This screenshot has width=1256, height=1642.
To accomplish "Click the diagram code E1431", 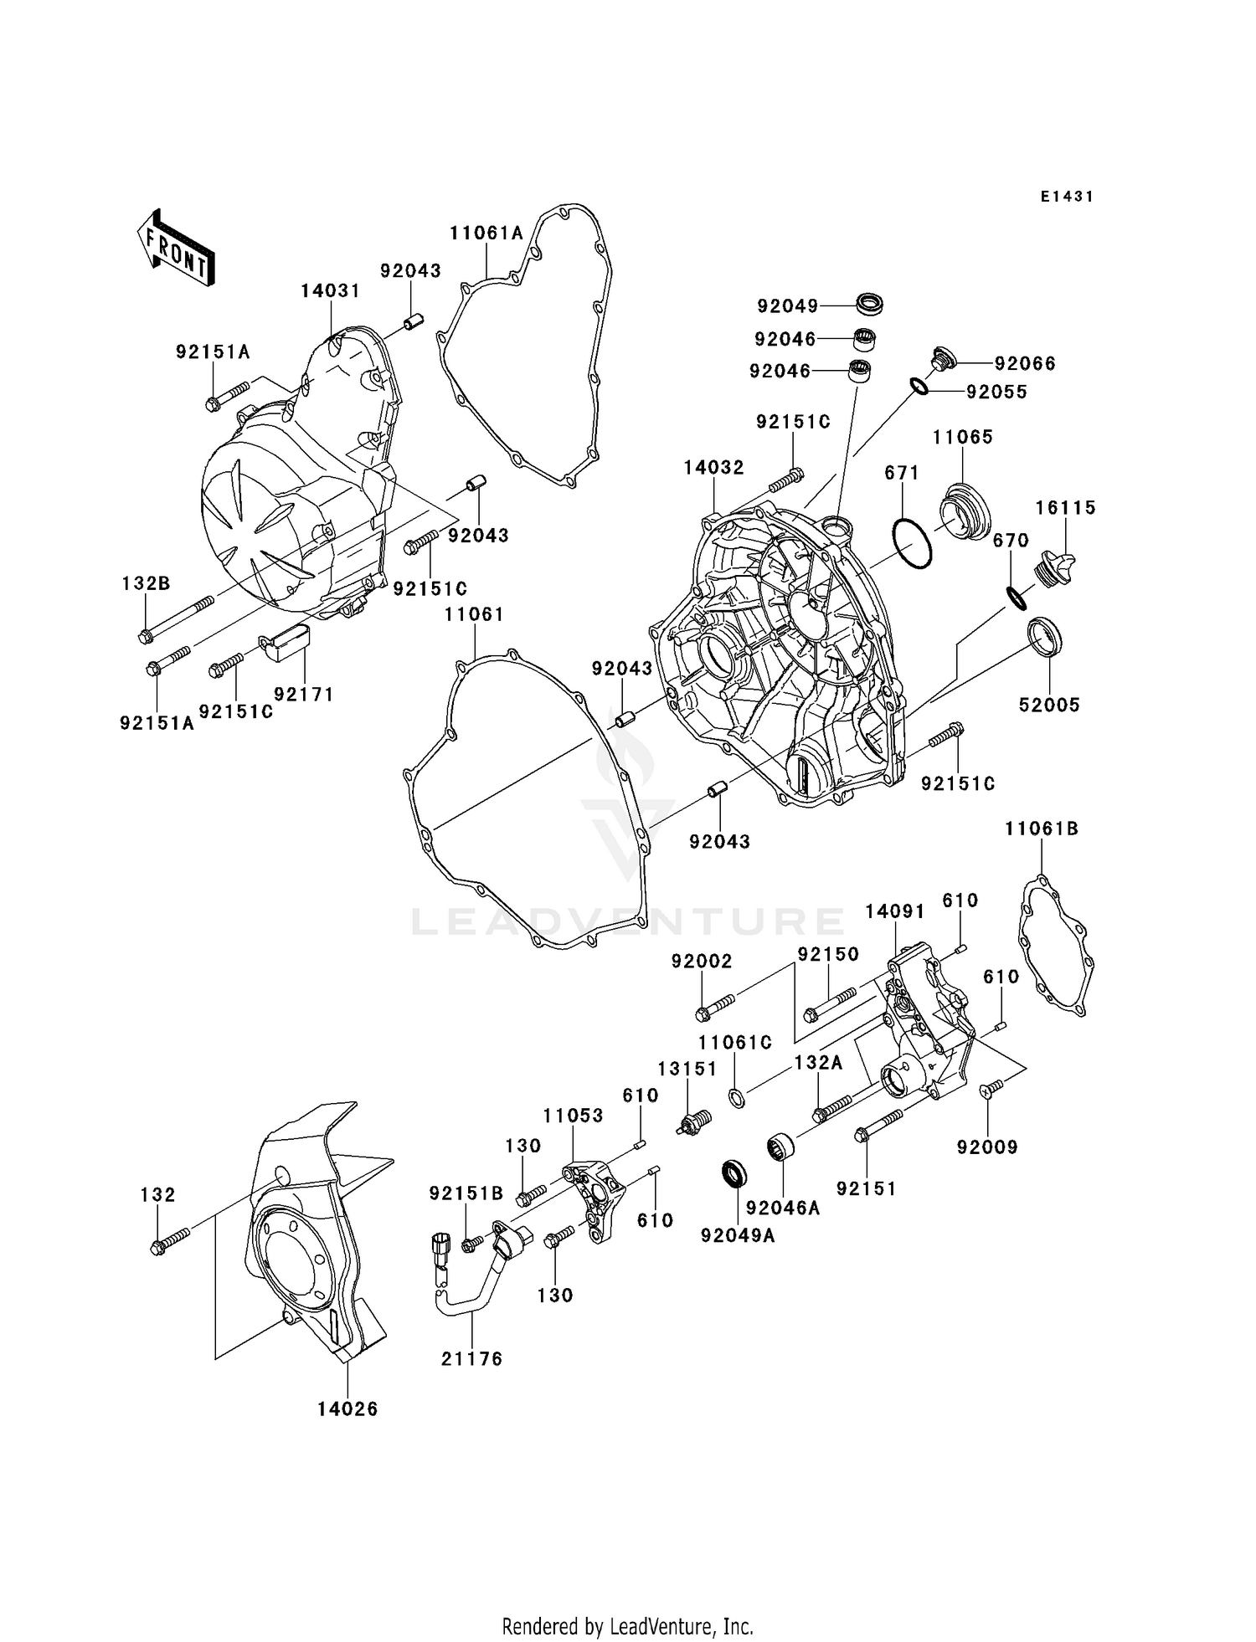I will [x=1067, y=197].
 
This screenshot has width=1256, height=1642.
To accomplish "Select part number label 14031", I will [x=330, y=291].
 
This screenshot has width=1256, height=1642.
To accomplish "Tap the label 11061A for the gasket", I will [x=486, y=233].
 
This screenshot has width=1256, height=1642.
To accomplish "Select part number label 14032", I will [x=713, y=468].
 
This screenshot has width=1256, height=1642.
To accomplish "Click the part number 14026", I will [x=347, y=1409].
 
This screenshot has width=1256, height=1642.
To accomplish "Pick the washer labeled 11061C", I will [x=736, y=1098].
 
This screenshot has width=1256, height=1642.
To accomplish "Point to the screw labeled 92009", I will [x=989, y=1088].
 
